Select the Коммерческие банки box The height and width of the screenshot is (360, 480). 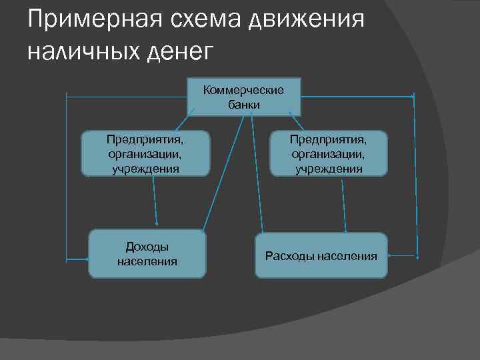coord(243,97)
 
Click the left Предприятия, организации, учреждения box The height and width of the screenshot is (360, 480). coord(145,153)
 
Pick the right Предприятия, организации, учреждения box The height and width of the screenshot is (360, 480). coord(328,153)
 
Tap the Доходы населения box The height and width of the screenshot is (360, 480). coord(147,253)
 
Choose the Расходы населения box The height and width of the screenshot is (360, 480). coord(321,255)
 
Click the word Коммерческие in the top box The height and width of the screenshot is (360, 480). coord(243,91)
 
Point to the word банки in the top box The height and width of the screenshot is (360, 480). coord(243,105)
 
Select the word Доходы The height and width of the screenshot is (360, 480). coord(147,247)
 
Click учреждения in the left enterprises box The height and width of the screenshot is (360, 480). coord(145,169)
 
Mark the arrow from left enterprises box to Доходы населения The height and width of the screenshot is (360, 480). coord(155,200)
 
